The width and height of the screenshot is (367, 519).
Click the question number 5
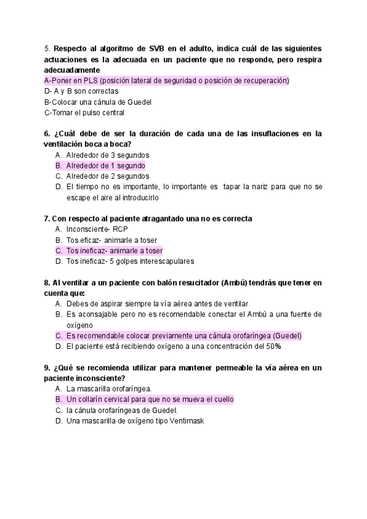(x=46, y=48)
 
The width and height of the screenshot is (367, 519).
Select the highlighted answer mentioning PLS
(x=166, y=80)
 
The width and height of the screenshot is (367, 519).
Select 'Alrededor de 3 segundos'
(x=108, y=155)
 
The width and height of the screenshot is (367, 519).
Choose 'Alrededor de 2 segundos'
(x=108, y=176)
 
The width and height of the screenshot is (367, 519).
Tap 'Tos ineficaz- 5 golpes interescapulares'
(x=130, y=261)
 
